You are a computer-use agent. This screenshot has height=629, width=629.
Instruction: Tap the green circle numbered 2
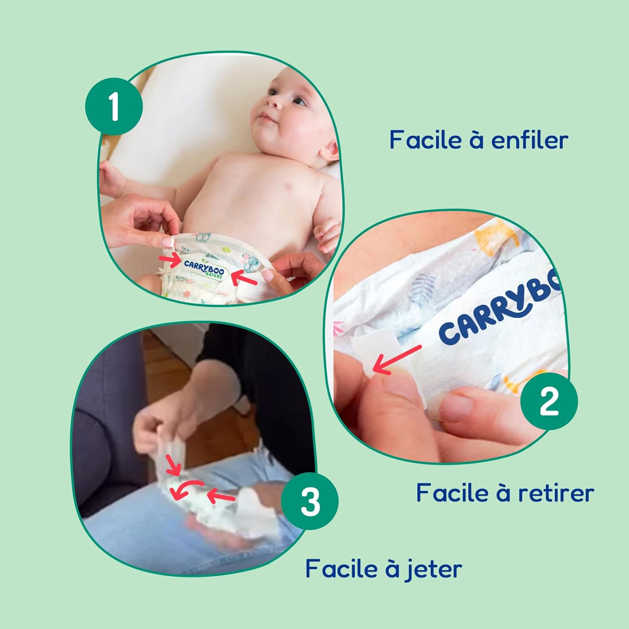(x=549, y=401)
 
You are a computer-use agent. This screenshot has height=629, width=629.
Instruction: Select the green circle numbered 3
(x=309, y=501)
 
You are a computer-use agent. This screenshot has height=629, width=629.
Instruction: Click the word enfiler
(x=530, y=140)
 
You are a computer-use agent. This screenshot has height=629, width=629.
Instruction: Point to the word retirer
(x=556, y=493)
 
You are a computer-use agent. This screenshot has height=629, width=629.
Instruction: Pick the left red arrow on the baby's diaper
(x=170, y=261)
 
